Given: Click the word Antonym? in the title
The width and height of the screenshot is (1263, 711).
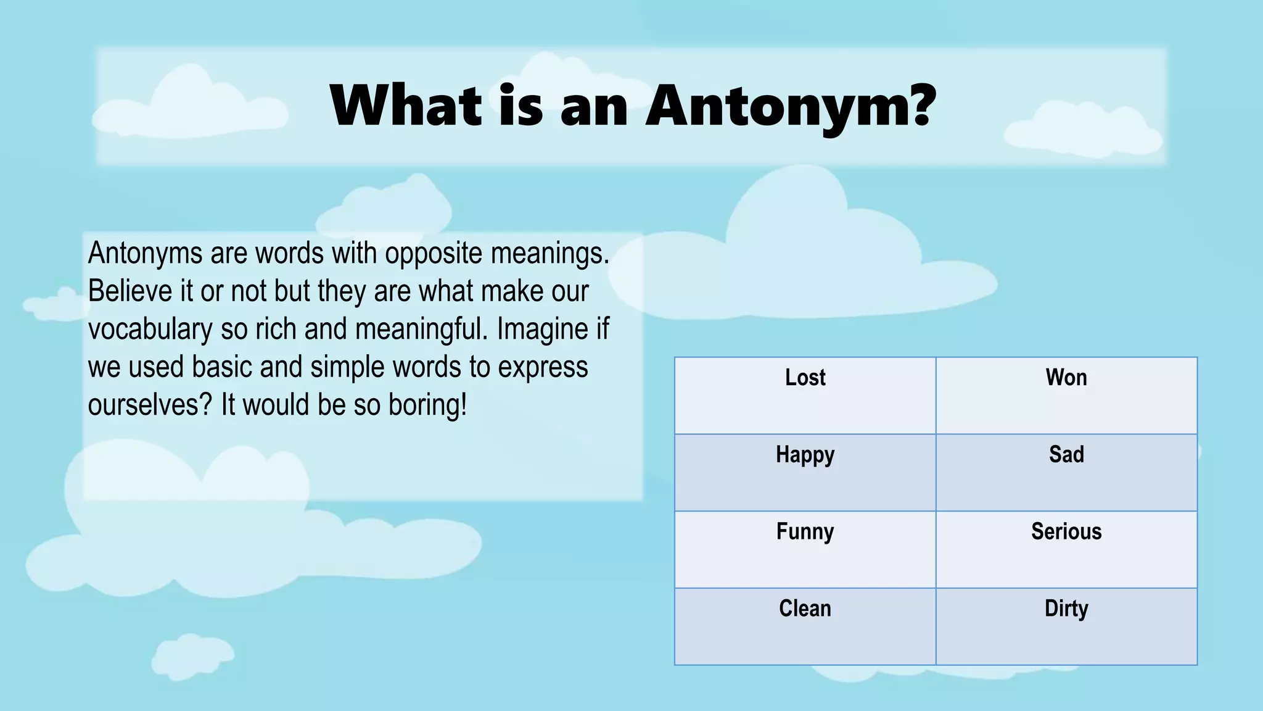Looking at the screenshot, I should [x=791, y=106].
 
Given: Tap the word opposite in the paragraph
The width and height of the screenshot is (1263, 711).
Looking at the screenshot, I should [x=433, y=254].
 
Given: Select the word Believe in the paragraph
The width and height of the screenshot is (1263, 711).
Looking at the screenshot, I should [x=130, y=291].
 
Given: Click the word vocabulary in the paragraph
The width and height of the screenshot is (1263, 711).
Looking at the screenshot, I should [x=150, y=330].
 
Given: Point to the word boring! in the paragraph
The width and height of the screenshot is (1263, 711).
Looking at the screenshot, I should [x=427, y=406].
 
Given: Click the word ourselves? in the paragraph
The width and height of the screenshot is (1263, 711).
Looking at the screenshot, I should [x=150, y=406].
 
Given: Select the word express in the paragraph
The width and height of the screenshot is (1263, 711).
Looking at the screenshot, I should [x=543, y=368].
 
